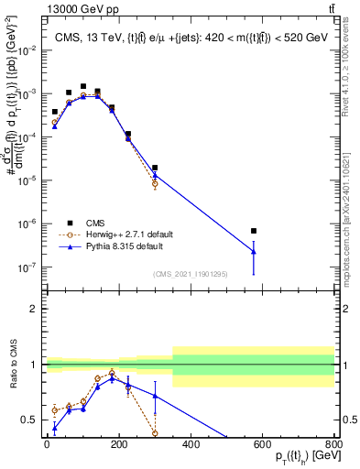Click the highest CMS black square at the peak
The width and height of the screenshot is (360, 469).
click(83, 86)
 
